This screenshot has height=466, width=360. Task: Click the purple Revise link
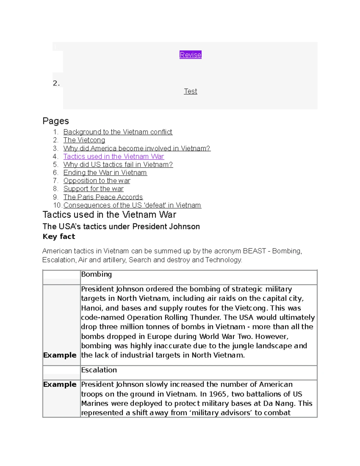(x=190, y=55)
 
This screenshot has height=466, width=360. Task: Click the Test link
(x=190, y=91)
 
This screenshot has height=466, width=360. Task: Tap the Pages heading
(x=56, y=121)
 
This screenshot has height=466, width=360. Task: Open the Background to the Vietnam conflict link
(x=118, y=132)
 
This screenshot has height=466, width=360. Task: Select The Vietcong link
(x=84, y=140)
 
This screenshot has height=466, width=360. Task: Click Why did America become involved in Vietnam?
(x=137, y=148)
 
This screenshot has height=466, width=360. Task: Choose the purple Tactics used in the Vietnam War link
(x=113, y=156)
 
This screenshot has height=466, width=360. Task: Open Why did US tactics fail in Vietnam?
(x=118, y=164)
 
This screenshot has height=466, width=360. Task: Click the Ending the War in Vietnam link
(x=105, y=173)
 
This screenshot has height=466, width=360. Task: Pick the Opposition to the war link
(x=97, y=181)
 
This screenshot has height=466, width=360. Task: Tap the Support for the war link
(x=93, y=189)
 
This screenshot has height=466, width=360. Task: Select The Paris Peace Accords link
(x=103, y=197)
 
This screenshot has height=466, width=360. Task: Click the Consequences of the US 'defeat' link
(x=132, y=205)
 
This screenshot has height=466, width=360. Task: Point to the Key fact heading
(x=59, y=236)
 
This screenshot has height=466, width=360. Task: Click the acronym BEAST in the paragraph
(x=254, y=251)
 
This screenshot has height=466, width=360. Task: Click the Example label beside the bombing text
(x=60, y=355)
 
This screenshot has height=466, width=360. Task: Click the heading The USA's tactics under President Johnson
(x=121, y=227)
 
